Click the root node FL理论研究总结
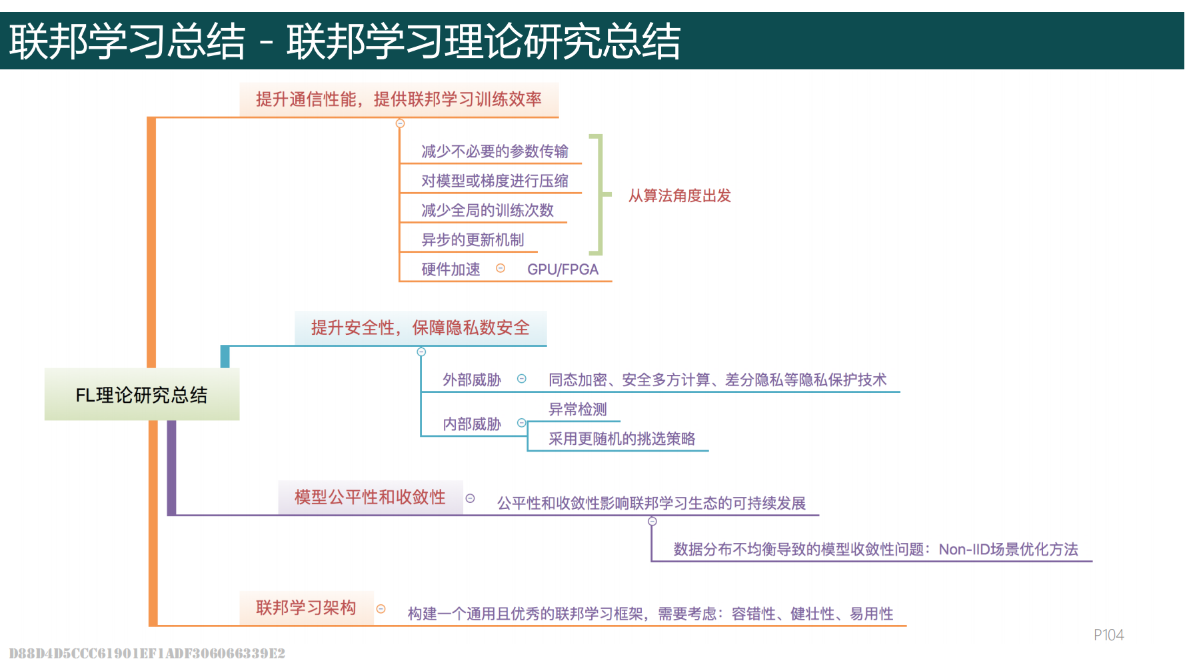pos(141,395)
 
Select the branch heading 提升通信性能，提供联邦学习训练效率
pos(399,99)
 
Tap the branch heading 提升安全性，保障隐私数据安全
pos(420,327)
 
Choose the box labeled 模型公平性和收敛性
pos(370,497)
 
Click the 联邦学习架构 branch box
pos(306,608)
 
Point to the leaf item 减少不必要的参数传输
pos(495,151)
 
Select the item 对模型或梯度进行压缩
pos(495,181)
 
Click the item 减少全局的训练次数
pos(487,210)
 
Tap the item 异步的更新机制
pos(473,239)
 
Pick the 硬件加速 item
pos(451,269)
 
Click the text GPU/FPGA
pos(563,269)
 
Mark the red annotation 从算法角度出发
pos(679,195)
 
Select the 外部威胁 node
pos(472,380)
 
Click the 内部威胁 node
pos(472,424)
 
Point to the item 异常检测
pos(577,410)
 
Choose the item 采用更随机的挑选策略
pos(621,439)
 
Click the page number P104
pos(1108,635)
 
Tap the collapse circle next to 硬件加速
pos(501,268)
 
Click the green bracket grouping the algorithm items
pos(600,195)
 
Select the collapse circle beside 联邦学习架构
pos(381,609)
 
